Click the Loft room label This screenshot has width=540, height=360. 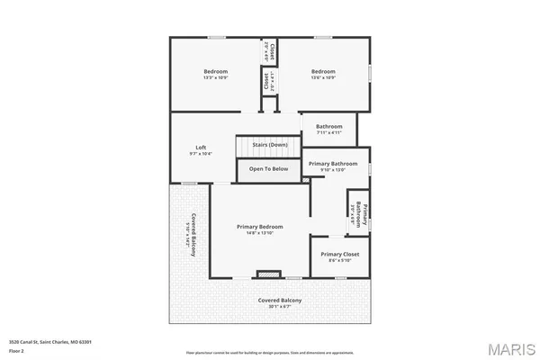click(202, 148)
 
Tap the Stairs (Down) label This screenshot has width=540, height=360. click(270, 145)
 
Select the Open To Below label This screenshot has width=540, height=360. click(269, 168)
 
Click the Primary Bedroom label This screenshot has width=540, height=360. click(260, 226)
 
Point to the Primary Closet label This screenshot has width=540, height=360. click(339, 255)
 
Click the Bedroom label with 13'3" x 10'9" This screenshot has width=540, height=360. click(215, 71)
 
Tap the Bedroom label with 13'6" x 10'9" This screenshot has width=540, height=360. click(323, 71)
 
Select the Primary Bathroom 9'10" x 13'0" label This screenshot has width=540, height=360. click(333, 164)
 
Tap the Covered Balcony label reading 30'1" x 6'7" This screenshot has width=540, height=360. click(280, 301)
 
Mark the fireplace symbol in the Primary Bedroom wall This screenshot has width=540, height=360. click(269, 274)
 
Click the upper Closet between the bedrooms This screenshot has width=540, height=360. click(269, 49)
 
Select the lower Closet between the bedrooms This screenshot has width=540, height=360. click(267, 83)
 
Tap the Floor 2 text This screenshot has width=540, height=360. click(16, 350)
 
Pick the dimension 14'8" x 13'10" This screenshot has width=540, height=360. click(260, 232)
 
